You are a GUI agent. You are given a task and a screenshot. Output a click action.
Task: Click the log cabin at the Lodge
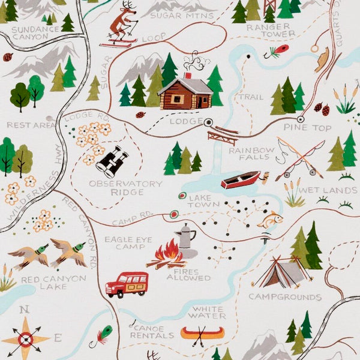(185, 94)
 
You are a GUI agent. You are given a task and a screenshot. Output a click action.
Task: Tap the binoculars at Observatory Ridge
(112, 162)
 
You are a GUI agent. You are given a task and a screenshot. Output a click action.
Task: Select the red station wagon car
(127, 284)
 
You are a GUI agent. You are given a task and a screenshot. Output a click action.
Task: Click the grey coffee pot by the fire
(187, 241)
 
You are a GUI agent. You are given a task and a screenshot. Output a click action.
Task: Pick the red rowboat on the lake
(241, 180)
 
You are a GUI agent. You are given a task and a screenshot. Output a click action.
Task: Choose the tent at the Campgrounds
(281, 274)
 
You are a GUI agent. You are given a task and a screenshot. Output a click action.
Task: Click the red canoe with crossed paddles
(202, 333)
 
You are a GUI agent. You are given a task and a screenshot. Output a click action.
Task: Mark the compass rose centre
(25, 339)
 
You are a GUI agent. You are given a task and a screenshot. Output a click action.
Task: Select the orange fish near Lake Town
(271, 220)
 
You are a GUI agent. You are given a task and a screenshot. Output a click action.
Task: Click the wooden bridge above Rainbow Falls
(223, 134)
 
